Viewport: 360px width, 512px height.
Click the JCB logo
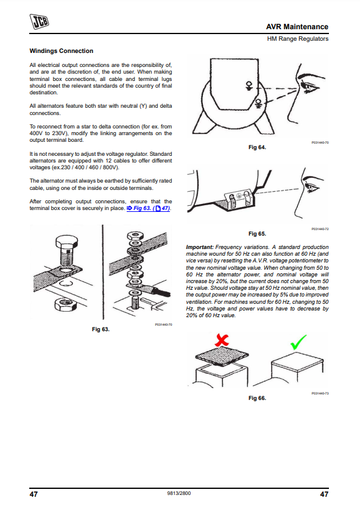pos(39,21)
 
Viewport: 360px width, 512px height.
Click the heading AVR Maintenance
pos(297,27)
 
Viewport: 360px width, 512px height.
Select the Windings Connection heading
pos(62,51)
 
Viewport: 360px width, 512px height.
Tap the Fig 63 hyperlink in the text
pos(148,208)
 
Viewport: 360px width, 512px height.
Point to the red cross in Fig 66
pos(222,340)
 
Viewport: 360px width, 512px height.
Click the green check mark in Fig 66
pos(298,342)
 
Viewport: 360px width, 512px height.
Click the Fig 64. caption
pos(257,147)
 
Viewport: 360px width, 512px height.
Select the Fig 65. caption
pos(257,234)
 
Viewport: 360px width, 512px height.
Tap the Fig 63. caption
pos(101,329)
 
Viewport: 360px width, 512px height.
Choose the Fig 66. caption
pos(257,398)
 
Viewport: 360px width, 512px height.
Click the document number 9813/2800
pos(178,493)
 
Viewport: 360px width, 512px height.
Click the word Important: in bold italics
pos(200,247)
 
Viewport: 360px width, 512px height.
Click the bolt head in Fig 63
pos(67,242)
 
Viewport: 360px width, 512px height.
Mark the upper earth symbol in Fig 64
pos(249,86)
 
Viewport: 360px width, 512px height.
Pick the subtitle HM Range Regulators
pos(298,39)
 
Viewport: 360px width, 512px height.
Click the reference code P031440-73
pos(320,393)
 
